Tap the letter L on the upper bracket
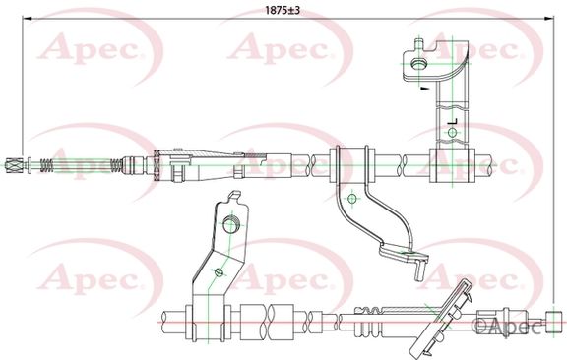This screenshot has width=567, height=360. click(x=453, y=121)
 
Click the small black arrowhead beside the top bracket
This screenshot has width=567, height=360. click(x=424, y=88)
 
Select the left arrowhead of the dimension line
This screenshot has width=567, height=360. click(x=28, y=17)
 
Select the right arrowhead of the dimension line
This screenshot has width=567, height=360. click(x=549, y=17)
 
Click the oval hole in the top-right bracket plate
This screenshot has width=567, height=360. click(x=419, y=64)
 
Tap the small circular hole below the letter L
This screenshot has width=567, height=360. click(x=452, y=132)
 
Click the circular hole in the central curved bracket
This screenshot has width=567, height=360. click(x=351, y=198)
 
